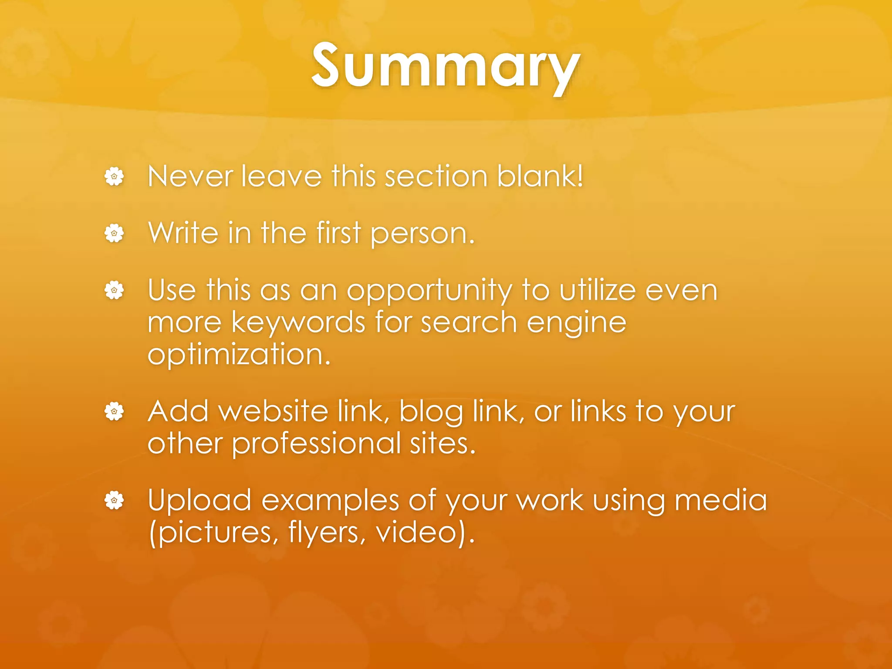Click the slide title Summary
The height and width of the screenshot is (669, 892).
point(446,66)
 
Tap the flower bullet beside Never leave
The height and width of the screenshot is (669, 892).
point(114,177)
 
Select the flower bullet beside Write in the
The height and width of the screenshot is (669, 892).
point(114,233)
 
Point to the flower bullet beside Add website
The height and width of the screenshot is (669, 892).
point(114,412)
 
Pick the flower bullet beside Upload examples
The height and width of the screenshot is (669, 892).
point(114,500)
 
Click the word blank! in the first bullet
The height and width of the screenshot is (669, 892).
point(540,176)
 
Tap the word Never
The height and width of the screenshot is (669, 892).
point(190,176)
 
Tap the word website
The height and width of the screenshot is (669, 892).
point(274,412)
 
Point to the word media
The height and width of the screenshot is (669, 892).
point(720,500)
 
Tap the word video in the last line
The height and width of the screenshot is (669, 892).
point(416,532)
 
